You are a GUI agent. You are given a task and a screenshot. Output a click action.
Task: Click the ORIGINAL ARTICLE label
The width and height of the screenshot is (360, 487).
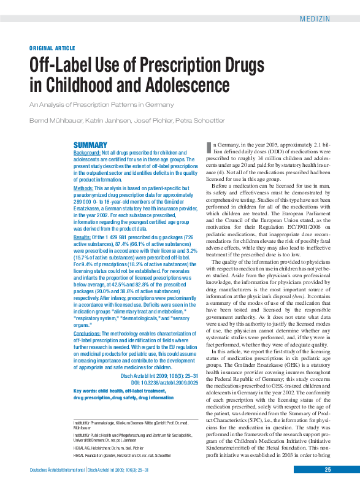[53, 48]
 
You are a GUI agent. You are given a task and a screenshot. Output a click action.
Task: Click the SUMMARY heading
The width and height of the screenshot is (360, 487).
[90, 145]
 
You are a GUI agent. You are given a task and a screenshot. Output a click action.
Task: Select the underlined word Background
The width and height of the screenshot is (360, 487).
[91, 152]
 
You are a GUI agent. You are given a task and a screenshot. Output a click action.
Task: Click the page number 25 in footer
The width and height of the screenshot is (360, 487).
[328, 470]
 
